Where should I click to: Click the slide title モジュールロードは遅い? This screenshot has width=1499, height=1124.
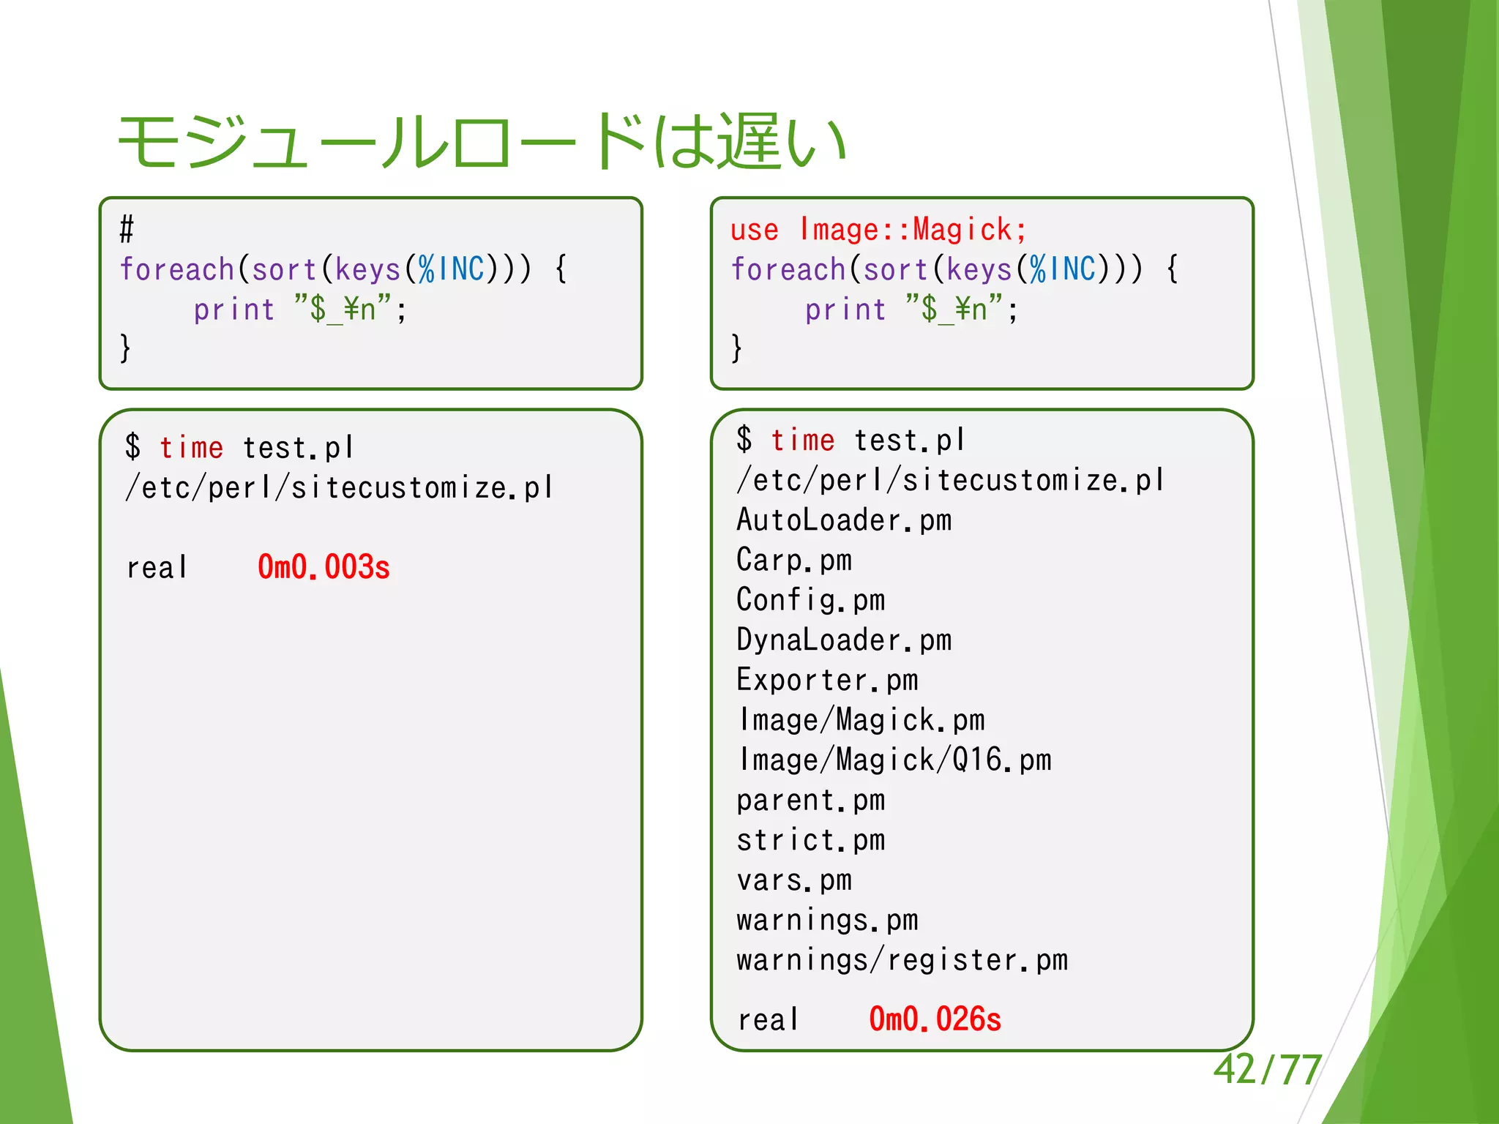click(x=482, y=140)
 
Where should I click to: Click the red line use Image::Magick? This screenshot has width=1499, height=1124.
click(x=878, y=230)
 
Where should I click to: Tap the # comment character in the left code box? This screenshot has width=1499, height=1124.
click(x=127, y=230)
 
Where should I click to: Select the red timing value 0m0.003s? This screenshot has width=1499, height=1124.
click(x=324, y=567)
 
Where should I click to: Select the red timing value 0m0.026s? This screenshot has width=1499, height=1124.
click(x=935, y=1019)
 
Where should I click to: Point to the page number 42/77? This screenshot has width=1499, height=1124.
click(x=1267, y=1069)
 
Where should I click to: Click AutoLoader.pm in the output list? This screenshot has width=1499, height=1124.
click(x=844, y=520)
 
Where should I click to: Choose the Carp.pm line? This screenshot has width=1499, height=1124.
click(x=794, y=561)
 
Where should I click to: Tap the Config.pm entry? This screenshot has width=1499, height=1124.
click(x=810, y=600)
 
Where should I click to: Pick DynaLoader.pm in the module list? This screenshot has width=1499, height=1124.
click(x=844, y=640)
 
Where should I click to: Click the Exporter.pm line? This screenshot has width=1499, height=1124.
click(x=827, y=680)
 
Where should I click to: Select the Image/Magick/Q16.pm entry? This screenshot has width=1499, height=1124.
click(x=894, y=760)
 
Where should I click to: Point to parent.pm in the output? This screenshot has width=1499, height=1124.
click(x=810, y=800)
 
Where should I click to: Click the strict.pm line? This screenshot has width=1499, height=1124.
click(x=810, y=840)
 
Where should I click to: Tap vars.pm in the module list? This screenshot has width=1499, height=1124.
click(x=794, y=880)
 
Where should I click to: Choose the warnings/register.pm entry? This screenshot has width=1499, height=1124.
click(x=902, y=960)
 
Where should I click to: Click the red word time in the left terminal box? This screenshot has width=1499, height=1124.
click(x=191, y=447)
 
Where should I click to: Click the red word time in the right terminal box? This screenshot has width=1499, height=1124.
click(x=802, y=441)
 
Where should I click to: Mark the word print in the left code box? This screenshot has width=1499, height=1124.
click(x=234, y=310)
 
